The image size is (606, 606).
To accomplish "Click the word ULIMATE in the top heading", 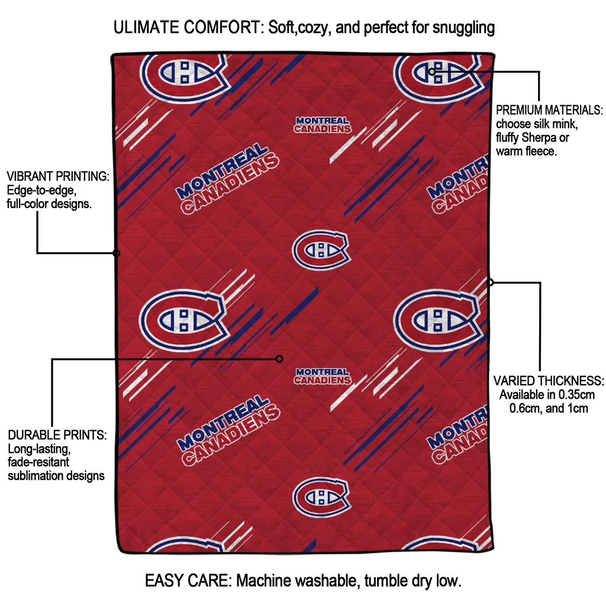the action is click(146, 27).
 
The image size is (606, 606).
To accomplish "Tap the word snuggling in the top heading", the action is click(463, 28).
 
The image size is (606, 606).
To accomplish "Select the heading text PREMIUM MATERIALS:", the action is click(549, 110).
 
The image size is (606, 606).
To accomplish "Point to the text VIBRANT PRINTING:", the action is click(58, 176).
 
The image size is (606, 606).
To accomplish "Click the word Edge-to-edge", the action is click(41, 190).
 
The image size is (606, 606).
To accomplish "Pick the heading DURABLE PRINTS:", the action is click(57, 435).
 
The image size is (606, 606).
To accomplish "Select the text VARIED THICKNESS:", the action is click(549, 381).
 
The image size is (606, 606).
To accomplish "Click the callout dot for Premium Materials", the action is click(432, 72).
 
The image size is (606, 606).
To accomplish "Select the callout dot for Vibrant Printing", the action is click(117, 253).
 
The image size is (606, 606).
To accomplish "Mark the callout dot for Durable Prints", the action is click(279, 359).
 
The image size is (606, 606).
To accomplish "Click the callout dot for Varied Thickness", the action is click(489, 282).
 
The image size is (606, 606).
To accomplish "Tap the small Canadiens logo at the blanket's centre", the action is click(321, 250).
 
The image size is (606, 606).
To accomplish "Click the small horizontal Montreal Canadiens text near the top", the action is click(323, 125).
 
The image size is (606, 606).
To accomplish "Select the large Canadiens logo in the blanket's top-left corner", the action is click(183, 78).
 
